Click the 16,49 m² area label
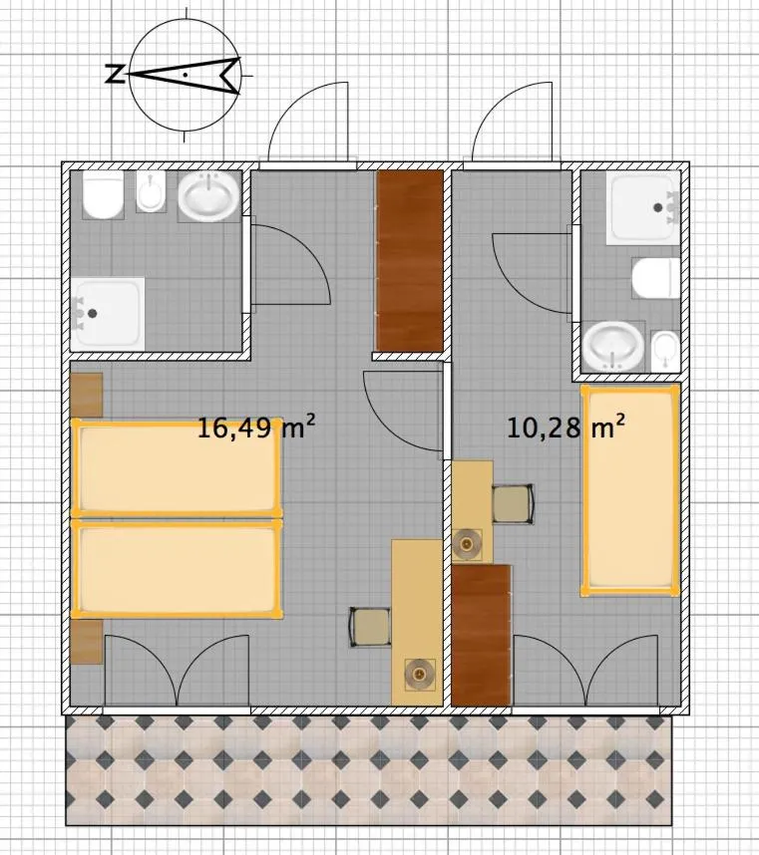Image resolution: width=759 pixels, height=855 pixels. click(256, 427)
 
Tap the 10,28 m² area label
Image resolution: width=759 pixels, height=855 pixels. click(566, 427)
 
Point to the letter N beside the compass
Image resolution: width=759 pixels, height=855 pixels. click(115, 74)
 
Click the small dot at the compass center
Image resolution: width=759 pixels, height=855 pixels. click(186, 74)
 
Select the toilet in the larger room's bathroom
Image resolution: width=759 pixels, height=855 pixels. click(103, 194)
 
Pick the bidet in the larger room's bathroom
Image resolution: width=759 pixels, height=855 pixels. click(151, 192)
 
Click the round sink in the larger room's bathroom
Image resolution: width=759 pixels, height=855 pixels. click(208, 196)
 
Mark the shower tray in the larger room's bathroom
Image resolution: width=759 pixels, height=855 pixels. click(108, 314)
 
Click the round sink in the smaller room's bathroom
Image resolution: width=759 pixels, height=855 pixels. click(613, 346)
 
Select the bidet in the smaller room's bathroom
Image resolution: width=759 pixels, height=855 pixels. click(665, 351)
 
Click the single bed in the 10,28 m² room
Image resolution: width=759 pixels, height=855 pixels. click(630, 490)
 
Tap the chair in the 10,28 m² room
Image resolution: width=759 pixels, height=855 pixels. click(513, 504)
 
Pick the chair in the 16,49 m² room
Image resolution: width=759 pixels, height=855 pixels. click(370, 627)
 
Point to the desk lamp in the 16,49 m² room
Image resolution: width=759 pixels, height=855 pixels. click(420, 675)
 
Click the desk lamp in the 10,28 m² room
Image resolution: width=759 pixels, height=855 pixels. click(467, 544)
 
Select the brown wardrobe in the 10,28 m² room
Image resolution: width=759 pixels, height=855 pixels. click(482, 635)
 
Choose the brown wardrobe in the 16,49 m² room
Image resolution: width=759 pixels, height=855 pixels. click(409, 261)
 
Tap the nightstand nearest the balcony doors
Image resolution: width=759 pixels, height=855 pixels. click(87, 642)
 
